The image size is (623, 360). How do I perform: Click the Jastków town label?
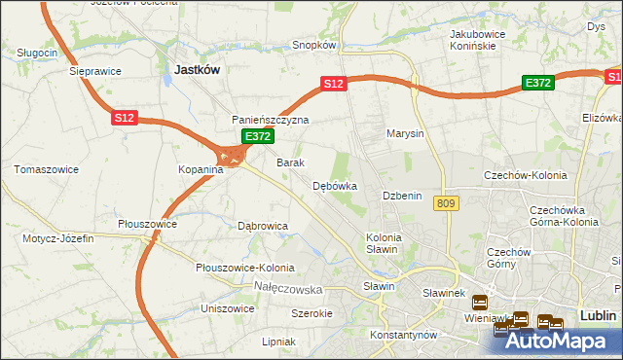click(197, 70)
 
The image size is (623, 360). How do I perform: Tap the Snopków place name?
click(314, 45)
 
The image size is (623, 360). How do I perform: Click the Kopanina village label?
click(201, 169)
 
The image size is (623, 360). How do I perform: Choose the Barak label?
click(291, 162)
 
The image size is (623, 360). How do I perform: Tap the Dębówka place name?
click(335, 186)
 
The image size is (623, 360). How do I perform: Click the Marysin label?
click(405, 133)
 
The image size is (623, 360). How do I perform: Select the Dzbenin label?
click(401, 196)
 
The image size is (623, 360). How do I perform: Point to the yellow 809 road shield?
click(447, 202)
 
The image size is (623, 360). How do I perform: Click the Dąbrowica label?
click(263, 226)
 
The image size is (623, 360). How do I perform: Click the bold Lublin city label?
click(598, 315)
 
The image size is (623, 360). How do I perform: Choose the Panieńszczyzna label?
click(270, 120)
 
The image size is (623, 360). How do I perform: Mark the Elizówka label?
click(601, 117)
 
